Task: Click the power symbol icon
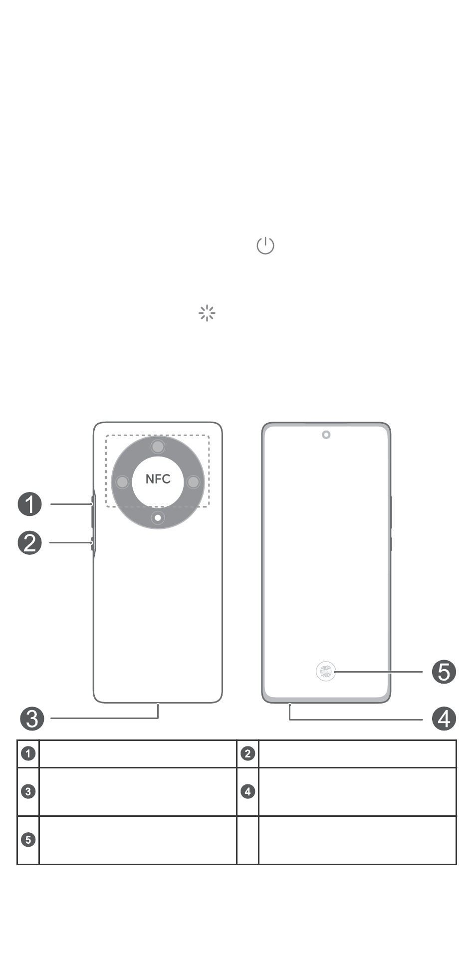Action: [x=265, y=245]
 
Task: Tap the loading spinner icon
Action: [x=207, y=313]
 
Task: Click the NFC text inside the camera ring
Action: [x=158, y=479]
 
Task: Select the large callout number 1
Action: [x=30, y=504]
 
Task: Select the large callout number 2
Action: [x=30, y=543]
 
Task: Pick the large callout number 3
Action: [x=32, y=719]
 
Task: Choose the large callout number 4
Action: [x=444, y=719]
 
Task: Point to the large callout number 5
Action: [x=444, y=672]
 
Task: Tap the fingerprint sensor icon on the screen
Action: [x=326, y=672]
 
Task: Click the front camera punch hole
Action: [x=326, y=435]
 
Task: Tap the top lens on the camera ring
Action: [x=158, y=446]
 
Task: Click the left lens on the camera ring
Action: [x=122, y=482]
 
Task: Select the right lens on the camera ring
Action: [x=194, y=482]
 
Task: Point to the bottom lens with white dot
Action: [x=158, y=518]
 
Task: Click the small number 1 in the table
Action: [x=28, y=753]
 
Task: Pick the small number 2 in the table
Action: [x=248, y=753]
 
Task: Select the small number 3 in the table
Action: [x=28, y=791]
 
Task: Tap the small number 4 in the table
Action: [x=248, y=791]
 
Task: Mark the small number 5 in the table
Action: [x=28, y=840]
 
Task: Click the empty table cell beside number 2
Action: [x=357, y=753]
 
